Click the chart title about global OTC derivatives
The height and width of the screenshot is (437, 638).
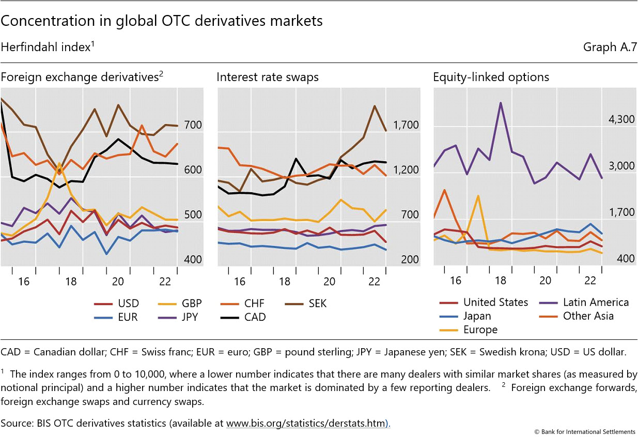click(x=162, y=21)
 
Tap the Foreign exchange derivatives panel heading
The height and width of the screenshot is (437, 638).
click(x=82, y=77)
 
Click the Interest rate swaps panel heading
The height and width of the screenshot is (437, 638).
click(x=268, y=77)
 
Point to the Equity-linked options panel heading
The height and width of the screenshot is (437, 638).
click(x=491, y=77)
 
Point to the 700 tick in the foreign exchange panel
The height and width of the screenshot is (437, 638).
click(x=193, y=125)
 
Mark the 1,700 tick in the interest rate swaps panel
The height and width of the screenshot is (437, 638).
click(x=406, y=125)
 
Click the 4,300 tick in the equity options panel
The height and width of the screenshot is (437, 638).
click(x=621, y=119)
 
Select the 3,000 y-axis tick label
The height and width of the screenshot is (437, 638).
click(x=621, y=166)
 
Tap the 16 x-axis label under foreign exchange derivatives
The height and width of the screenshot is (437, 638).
click(x=24, y=282)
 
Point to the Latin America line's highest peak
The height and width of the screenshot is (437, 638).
click(x=500, y=103)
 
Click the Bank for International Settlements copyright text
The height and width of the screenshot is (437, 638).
click(x=584, y=431)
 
